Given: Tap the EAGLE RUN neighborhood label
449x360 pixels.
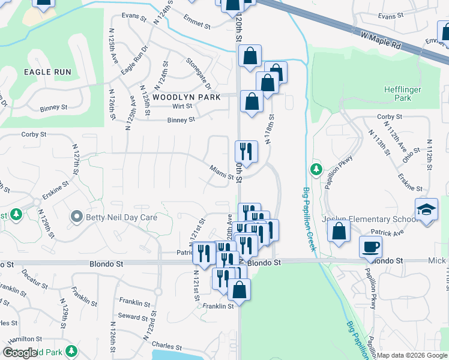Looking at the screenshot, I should (x=47, y=72).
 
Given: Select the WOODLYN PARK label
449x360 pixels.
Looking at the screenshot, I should (x=186, y=97).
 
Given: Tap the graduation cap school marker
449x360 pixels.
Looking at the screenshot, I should (x=426, y=210).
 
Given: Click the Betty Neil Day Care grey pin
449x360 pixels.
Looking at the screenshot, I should (x=76, y=217).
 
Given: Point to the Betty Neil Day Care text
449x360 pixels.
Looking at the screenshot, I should (x=121, y=217).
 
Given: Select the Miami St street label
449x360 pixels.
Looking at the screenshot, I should (x=221, y=173).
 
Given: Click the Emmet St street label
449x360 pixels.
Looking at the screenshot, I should (x=197, y=25).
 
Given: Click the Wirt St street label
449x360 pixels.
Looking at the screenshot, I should (x=182, y=106).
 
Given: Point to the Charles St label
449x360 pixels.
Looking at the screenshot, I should (x=166, y=346).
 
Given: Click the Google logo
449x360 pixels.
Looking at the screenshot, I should (x=20, y=353).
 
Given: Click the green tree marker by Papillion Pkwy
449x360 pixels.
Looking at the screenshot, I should (x=316, y=170).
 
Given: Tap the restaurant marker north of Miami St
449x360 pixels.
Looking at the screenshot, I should (x=247, y=150).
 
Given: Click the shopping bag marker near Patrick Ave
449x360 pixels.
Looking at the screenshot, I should (x=339, y=231).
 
